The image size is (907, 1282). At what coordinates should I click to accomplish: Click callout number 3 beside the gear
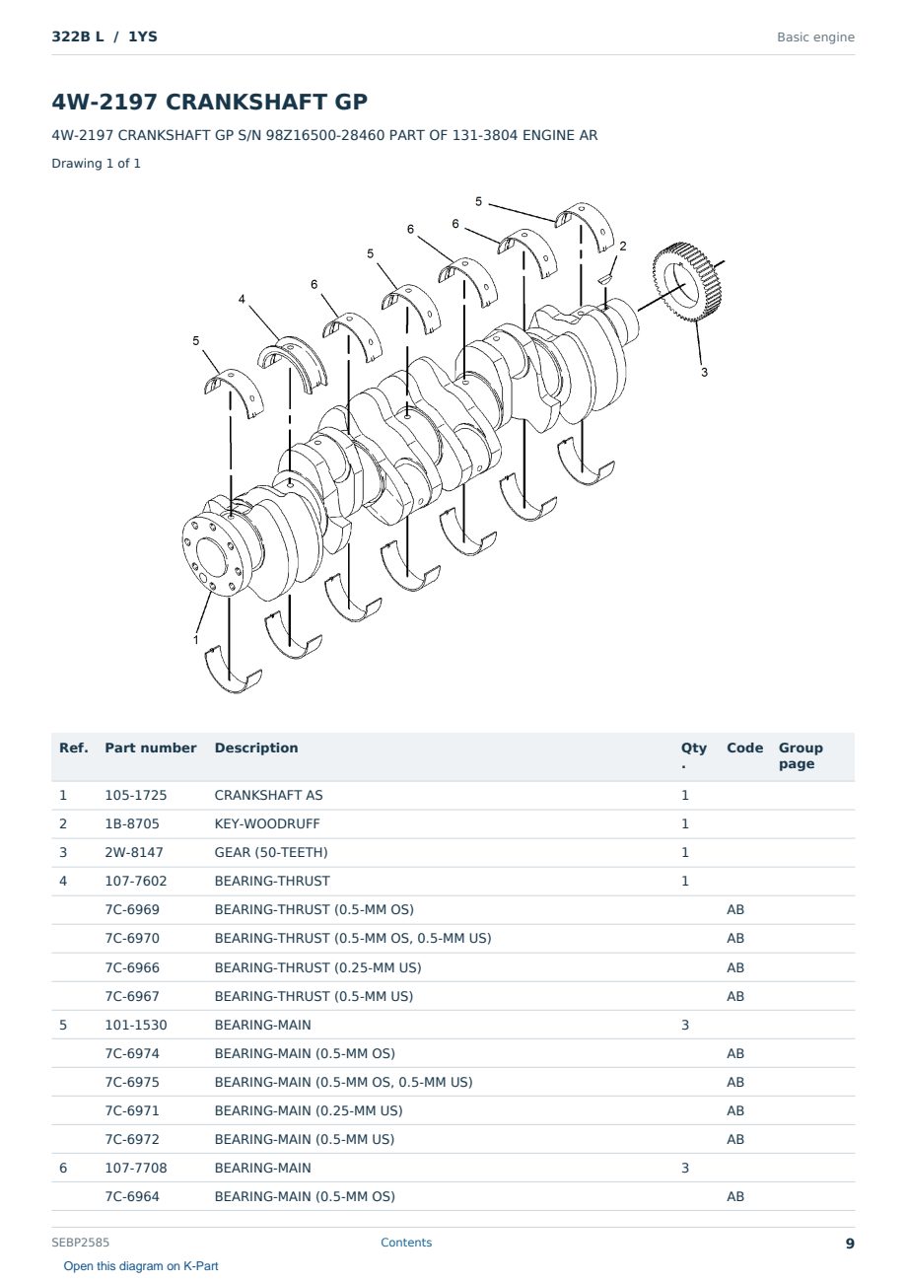705,372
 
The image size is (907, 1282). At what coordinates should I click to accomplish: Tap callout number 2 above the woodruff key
623,247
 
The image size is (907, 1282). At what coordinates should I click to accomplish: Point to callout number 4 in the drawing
242,299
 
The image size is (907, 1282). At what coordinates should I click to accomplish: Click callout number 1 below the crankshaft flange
196,640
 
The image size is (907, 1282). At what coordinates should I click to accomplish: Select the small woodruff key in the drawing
605,279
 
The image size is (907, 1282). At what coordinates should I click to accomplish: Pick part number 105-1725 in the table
136,795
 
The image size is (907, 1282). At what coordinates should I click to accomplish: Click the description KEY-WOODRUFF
267,823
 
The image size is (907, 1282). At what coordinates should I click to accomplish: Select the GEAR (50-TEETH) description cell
271,852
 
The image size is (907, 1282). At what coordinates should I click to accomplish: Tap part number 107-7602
136,881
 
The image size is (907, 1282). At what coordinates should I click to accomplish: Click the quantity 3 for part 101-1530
685,1025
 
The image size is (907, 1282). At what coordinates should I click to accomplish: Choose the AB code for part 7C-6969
735,909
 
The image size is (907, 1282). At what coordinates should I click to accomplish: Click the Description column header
256,748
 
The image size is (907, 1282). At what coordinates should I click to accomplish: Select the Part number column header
151,748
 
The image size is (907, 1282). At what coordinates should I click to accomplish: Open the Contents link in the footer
406,1242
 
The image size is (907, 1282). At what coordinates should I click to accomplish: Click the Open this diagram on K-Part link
141,1266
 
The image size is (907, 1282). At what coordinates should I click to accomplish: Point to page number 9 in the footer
850,1244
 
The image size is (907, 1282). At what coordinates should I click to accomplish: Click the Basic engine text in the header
815,37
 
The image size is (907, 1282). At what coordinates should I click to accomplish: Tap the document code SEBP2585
80,1242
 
